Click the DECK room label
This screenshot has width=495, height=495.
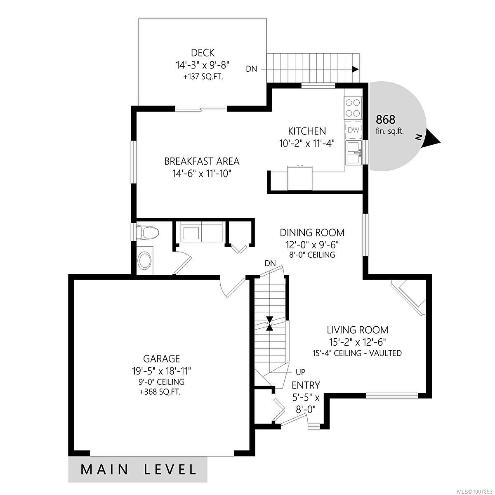203,53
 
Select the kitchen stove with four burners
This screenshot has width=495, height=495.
353,108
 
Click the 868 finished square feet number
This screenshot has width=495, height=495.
386,120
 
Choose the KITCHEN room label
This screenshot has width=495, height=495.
306,131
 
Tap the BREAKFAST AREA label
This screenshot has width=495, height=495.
202,161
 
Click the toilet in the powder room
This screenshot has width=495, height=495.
147,233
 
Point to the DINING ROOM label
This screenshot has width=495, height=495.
312,233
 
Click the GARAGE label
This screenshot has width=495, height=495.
161,359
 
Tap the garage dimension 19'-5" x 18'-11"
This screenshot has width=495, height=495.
161,371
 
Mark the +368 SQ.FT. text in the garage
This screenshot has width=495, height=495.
161,391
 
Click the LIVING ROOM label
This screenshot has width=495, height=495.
357,330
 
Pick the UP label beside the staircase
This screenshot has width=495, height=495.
300,372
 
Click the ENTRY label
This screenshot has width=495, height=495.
306,385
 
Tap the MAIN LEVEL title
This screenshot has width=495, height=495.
139,469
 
